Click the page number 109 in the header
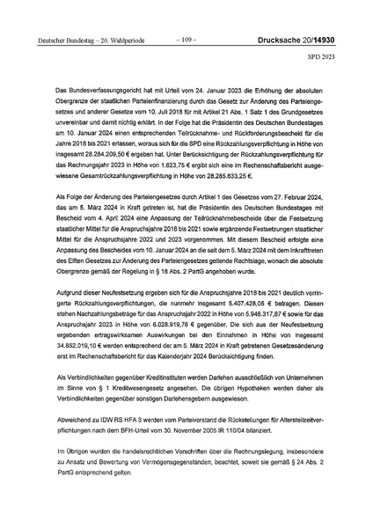(x=186, y=38)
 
